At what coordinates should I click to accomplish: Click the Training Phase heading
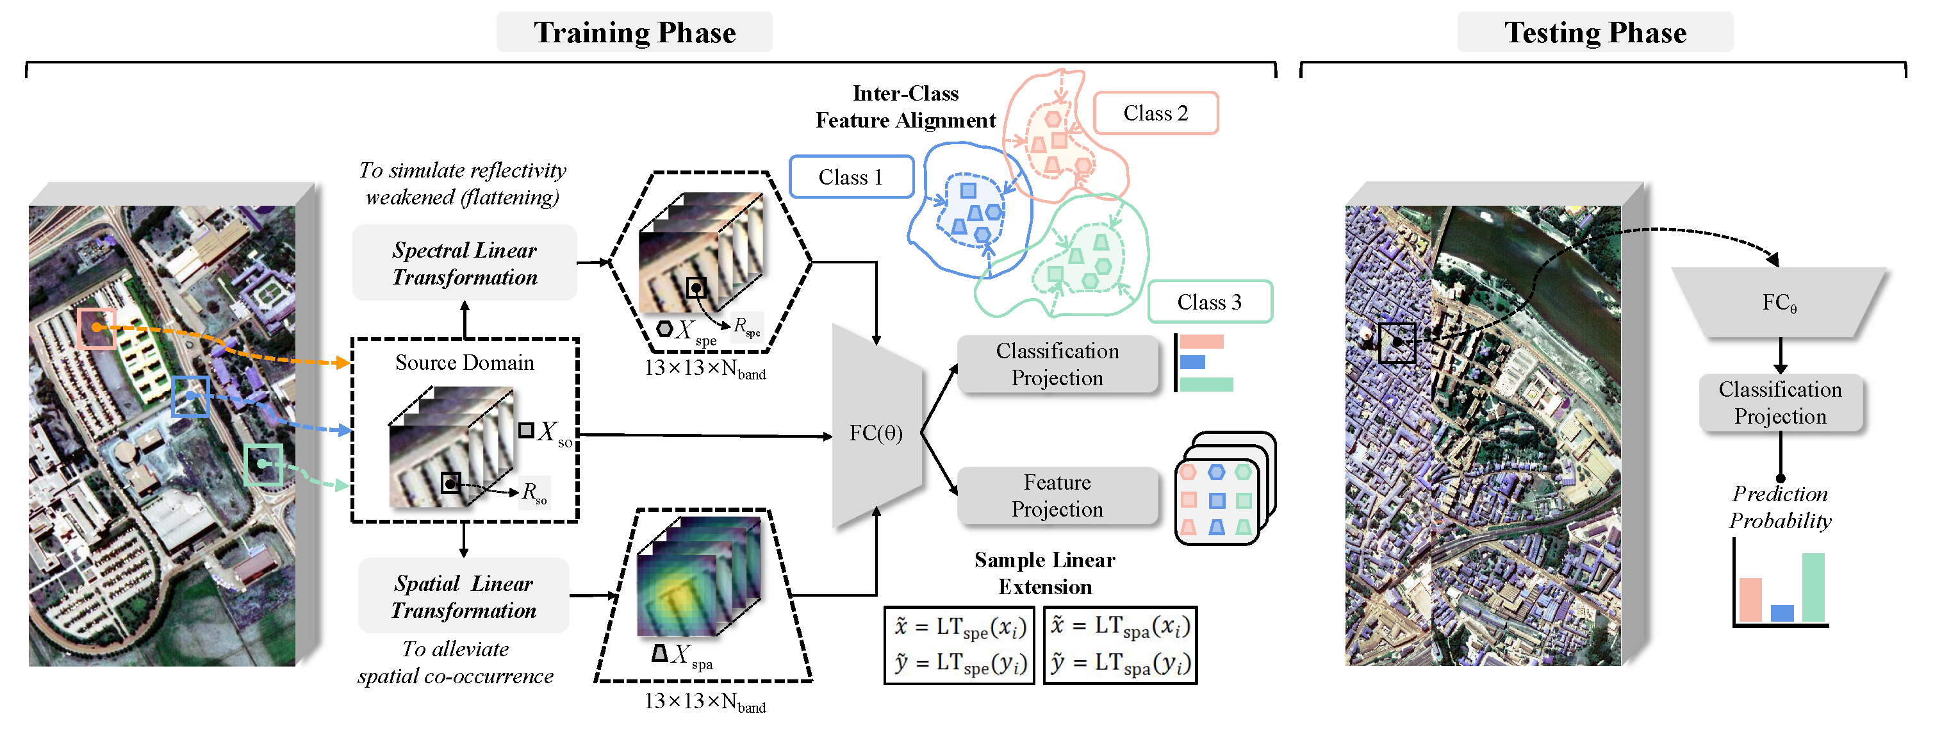(x=634, y=33)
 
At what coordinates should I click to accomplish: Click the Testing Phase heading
(x=1595, y=33)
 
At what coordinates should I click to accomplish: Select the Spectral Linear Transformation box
(x=465, y=263)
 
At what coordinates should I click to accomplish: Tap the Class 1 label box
(x=850, y=178)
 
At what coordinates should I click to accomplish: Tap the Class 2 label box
(x=1155, y=113)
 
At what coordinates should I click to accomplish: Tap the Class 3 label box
(x=1209, y=302)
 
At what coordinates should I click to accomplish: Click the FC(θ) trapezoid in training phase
(x=876, y=432)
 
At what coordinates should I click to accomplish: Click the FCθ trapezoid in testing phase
(x=1779, y=303)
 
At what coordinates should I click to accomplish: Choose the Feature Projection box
(x=1057, y=495)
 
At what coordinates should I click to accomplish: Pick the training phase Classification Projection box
(x=1057, y=364)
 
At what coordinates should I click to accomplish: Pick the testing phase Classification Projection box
(x=1780, y=402)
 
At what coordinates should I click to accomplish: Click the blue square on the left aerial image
(x=190, y=396)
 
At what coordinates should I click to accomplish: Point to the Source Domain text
(x=465, y=363)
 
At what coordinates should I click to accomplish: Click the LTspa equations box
(x=1120, y=645)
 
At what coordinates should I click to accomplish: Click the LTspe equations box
(x=959, y=645)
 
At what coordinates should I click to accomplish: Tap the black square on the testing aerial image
(x=1396, y=343)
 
